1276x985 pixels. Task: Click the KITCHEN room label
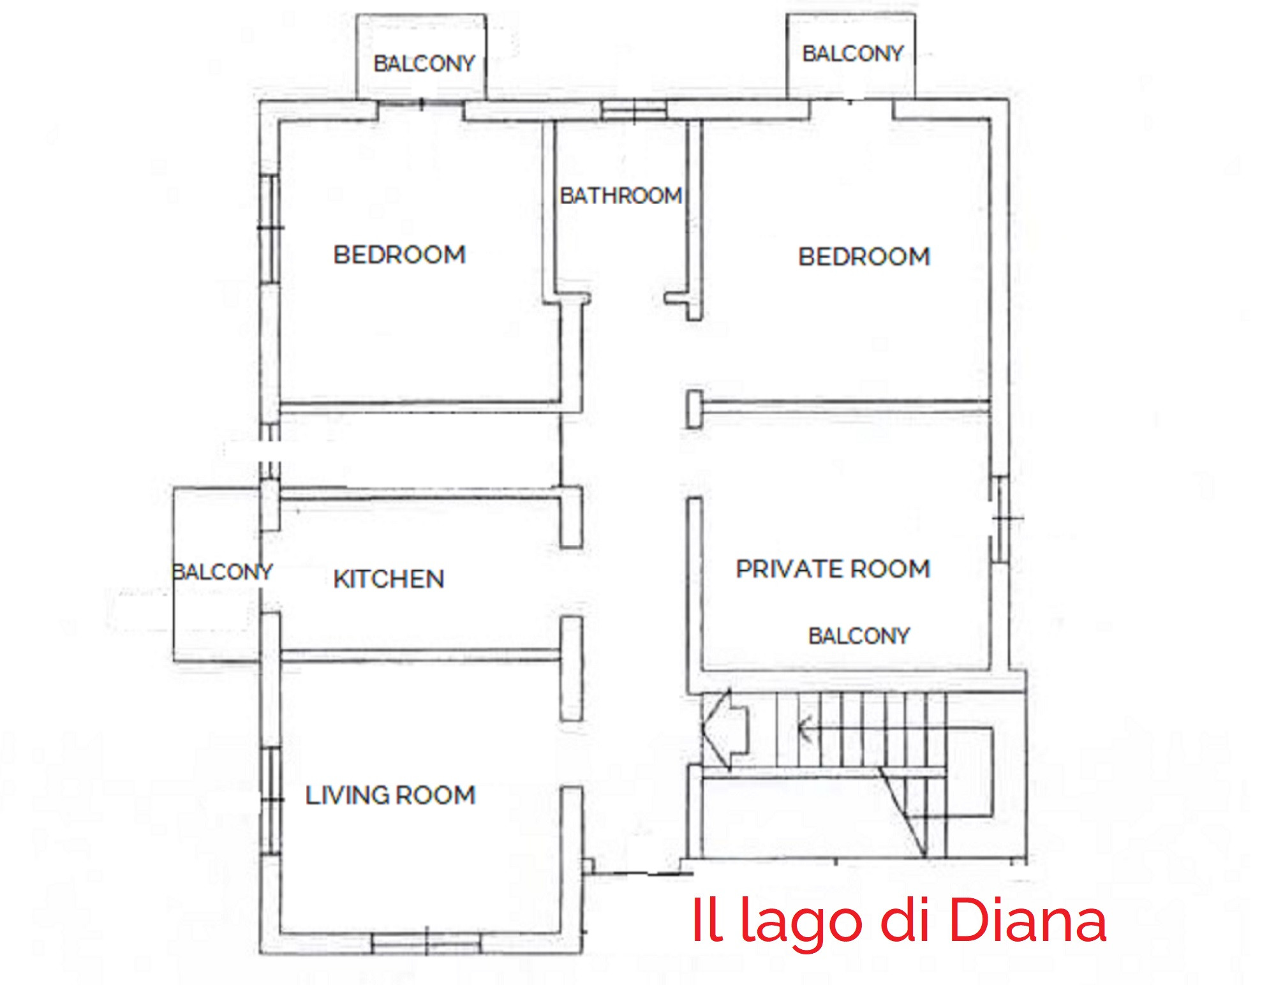click(x=389, y=579)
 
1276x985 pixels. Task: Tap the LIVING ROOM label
click(x=390, y=796)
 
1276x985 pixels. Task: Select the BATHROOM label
click(x=621, y=196)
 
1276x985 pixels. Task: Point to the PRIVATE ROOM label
click(x=833, y=569)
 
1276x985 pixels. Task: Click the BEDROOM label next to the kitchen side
click(x=399, y=255)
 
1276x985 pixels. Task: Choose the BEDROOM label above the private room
click(x=864, y=257)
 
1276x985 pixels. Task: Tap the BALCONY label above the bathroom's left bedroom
click(x=424, y=64)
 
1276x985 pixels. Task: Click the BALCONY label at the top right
click(x=853, y=54)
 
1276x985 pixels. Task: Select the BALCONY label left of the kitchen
click(x=223, y=572)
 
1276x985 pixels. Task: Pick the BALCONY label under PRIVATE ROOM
click(x=859, y=636)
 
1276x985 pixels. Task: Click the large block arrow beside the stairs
click(x=725, y=727)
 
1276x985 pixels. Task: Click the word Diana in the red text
click(x=1028, y=921)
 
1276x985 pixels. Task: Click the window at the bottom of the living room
click(x=426, y=943)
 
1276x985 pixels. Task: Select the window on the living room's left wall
click(x=272, y=801)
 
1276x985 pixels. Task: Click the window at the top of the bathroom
click(x=634, y=110)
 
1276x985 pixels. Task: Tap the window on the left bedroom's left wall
click(x=271, y=228)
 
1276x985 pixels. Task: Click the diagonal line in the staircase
click(x=903, y=811)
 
